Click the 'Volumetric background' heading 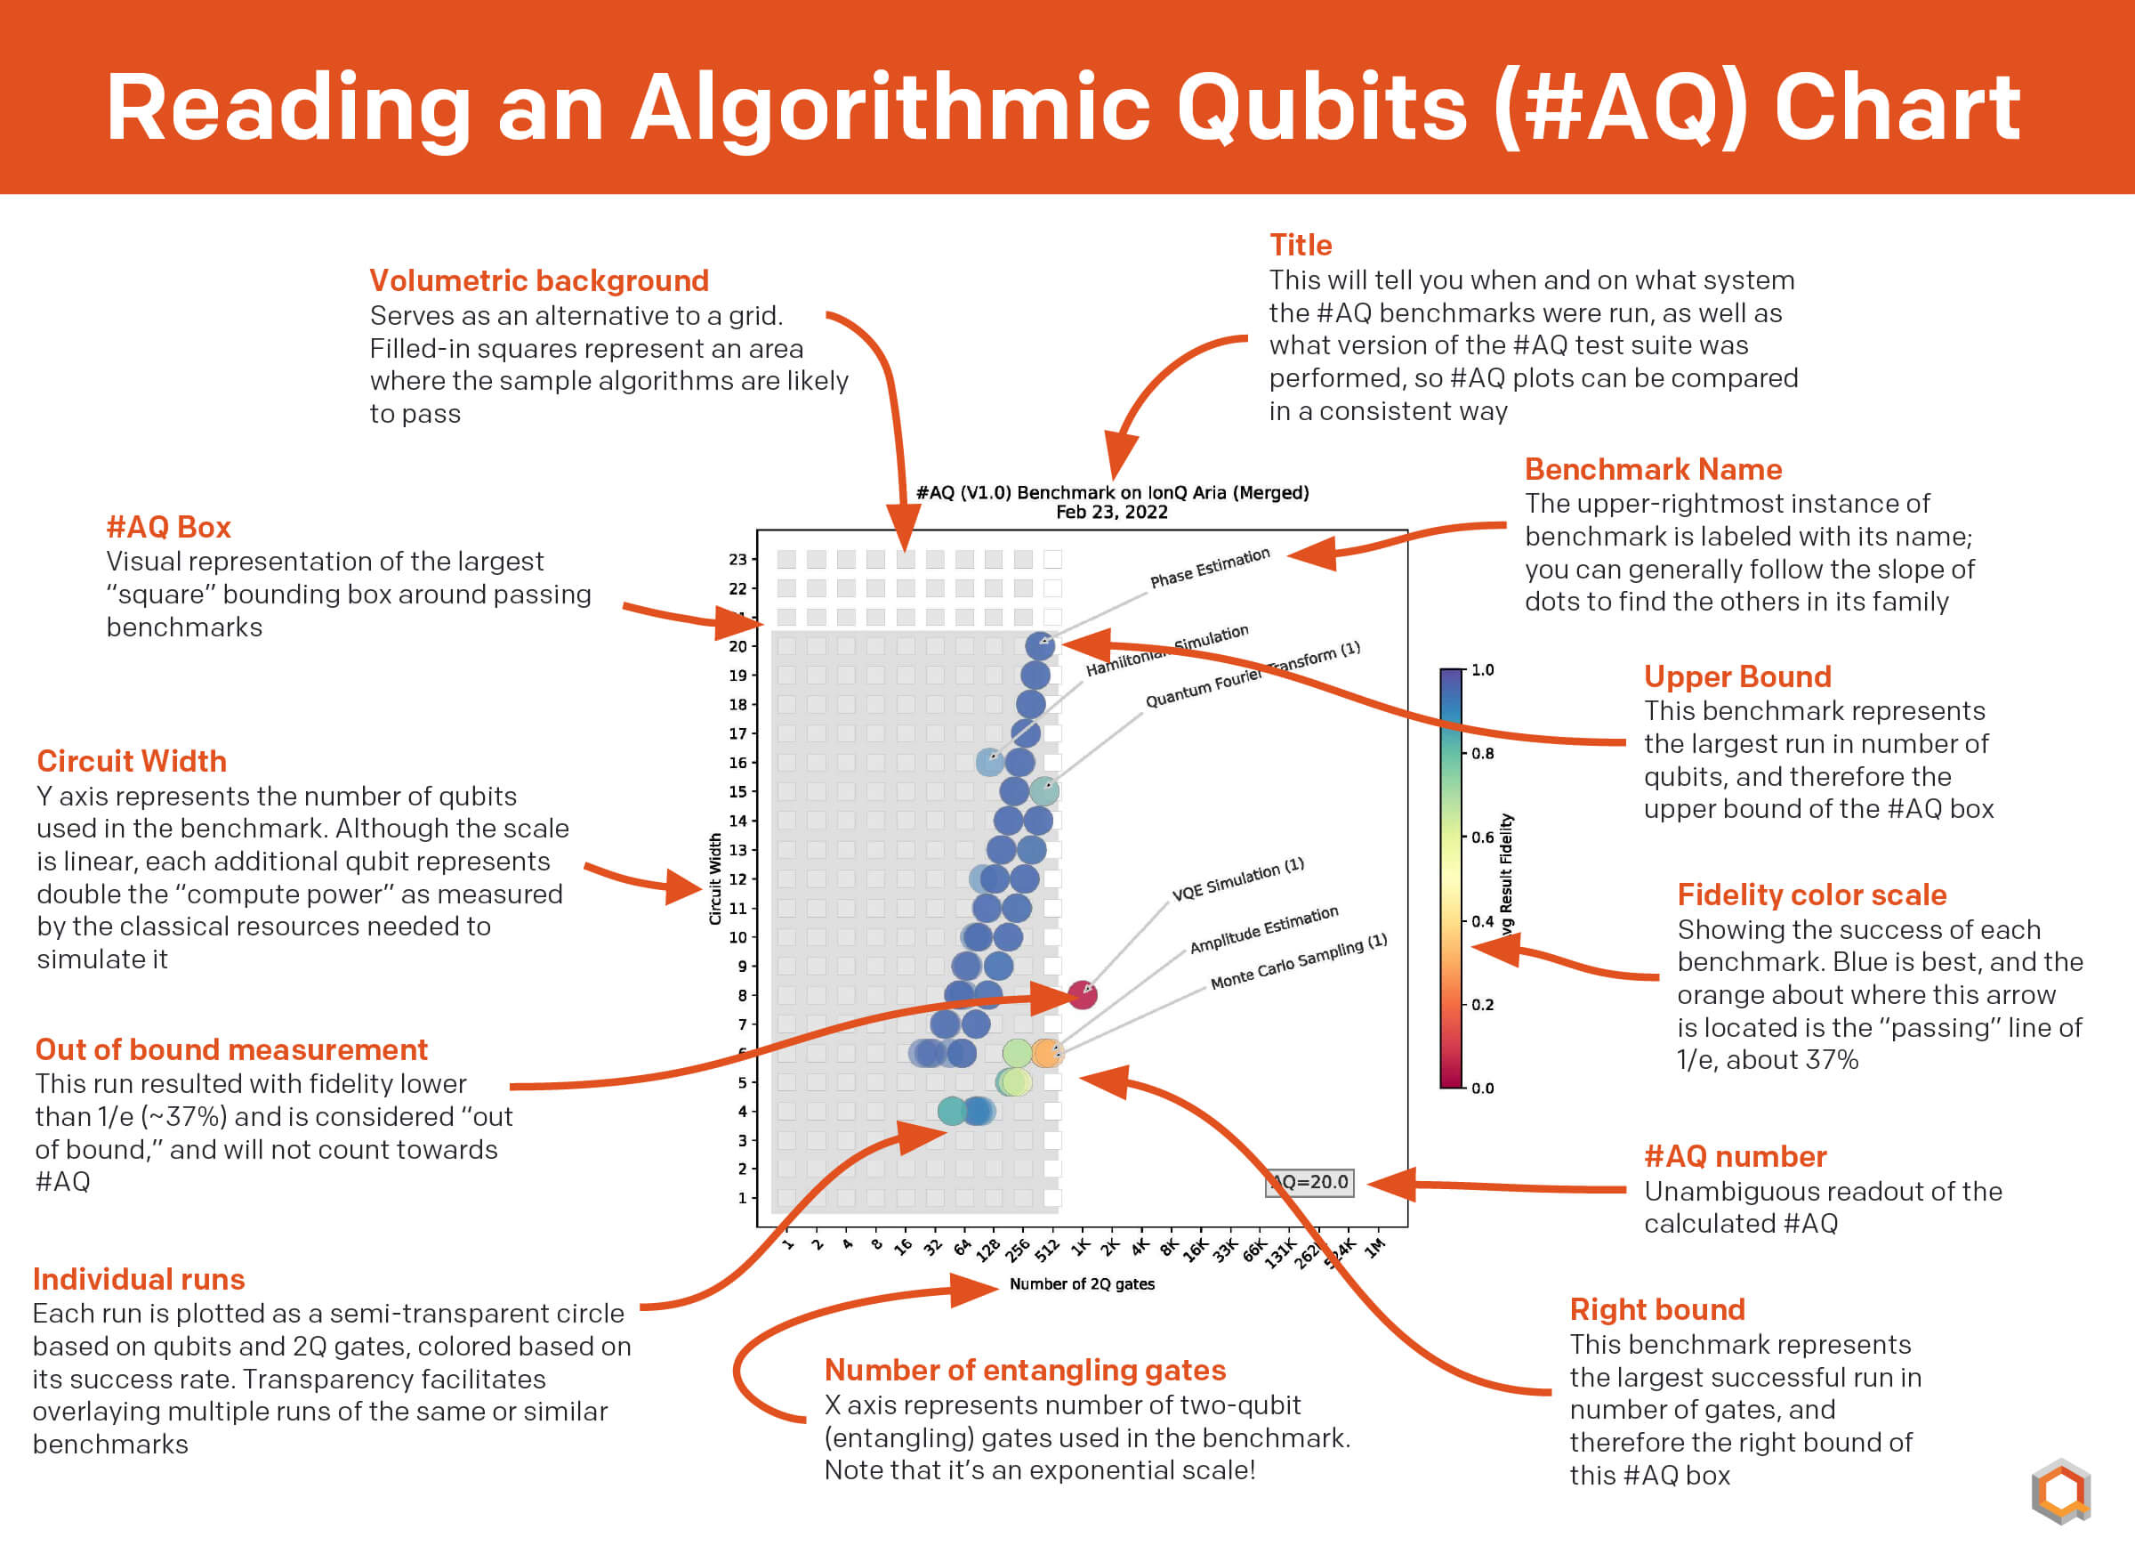pos(538,280)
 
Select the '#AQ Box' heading pos(168,527)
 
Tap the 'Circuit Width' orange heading pos(132,761)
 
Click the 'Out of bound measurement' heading pos(231,1049)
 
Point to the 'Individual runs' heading pos(139,1279)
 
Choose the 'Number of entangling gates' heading pos(1025,1370)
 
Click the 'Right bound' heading pos(1656,1309)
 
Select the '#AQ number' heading pos(1735,1156)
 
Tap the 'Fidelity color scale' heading pos(1811,894)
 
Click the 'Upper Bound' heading pos(1736,676)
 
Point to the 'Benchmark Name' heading pos(1653,469)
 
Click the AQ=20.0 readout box pos(1309,1183)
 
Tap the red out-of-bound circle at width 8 pos(1083,993)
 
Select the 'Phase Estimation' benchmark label pos(1210,568)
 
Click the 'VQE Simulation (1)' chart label pos(1238,879)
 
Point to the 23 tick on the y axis pos(737,560)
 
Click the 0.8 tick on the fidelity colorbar pos(1483,754)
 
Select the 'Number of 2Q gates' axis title pos(1082,1283)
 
